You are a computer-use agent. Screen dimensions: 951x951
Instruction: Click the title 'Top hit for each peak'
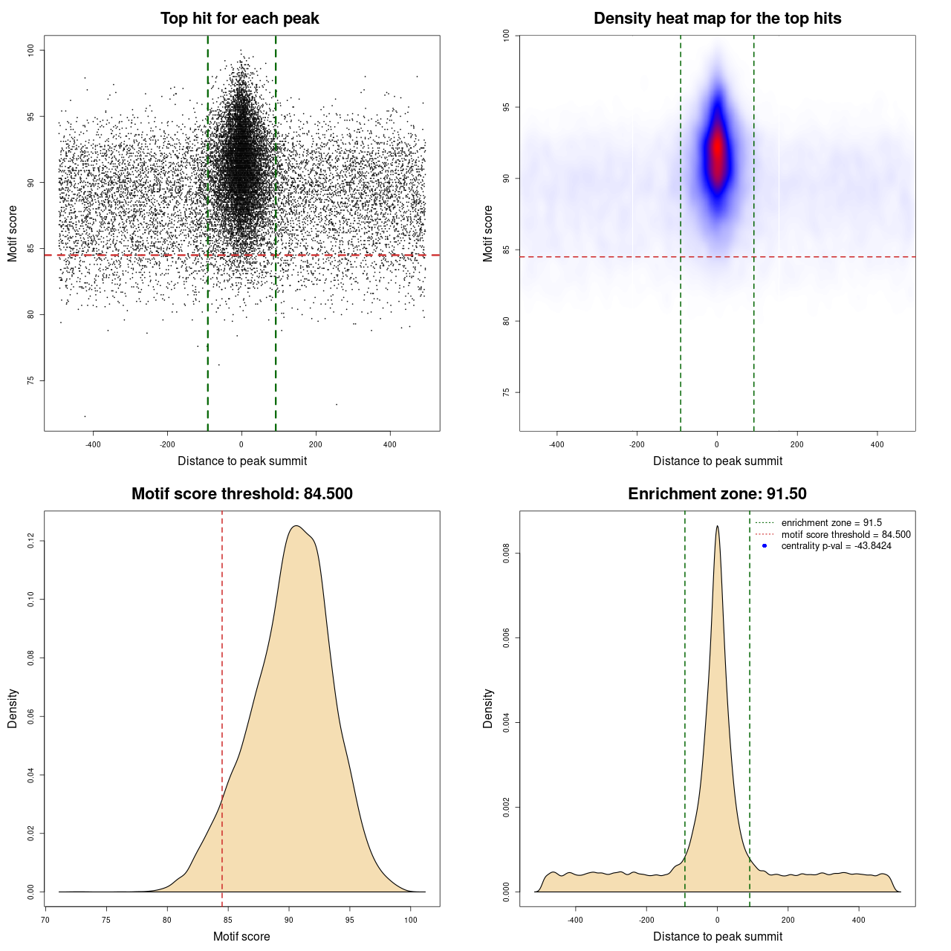(239, 19)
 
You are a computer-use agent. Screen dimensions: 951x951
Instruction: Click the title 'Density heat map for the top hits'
(717, 19)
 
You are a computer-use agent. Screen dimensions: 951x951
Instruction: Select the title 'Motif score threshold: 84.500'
(241, 494)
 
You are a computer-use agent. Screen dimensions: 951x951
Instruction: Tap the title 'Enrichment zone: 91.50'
(717, 494)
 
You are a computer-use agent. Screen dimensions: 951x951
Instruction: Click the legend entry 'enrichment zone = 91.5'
(831, 523)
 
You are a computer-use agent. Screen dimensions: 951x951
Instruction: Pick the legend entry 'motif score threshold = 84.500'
(845, 535)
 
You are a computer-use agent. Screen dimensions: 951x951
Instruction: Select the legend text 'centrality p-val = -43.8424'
(836, 546)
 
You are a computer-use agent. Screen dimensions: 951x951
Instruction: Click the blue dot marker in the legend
(765, 546)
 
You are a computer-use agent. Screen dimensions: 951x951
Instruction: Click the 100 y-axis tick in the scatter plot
(30, 50)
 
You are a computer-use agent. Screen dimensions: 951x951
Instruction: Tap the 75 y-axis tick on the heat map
(506, 392)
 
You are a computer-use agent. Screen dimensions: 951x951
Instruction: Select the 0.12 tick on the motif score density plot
(30, 541)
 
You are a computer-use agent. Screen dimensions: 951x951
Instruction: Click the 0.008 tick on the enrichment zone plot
(506, 554)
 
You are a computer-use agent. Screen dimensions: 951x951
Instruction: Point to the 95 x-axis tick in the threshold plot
(350, 920)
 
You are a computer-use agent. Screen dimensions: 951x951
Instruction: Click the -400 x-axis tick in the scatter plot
(93, 444)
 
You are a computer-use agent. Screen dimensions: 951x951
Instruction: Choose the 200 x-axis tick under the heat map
(797, 444)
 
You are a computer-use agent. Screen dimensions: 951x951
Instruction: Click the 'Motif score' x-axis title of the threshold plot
(241, 936)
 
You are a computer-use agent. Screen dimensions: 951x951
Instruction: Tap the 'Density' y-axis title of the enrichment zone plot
(488, 708)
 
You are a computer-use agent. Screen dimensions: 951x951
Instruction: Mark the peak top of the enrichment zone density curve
(717, 526)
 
